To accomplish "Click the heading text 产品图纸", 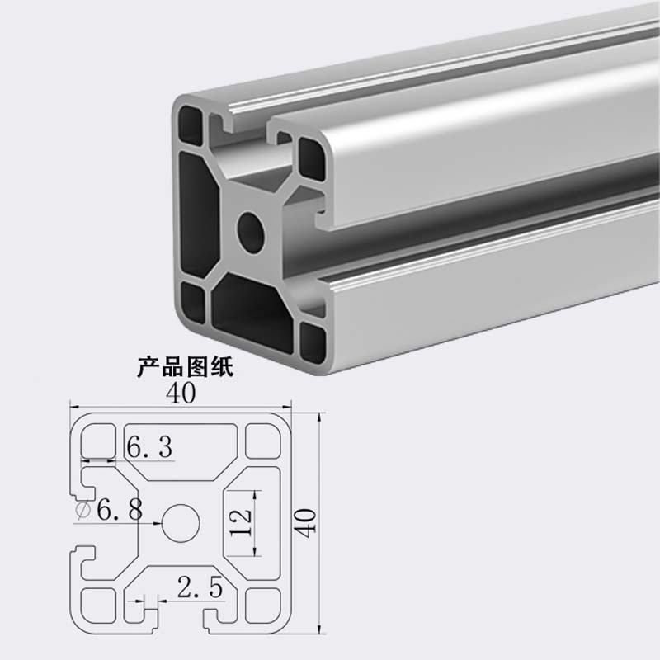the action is coord(185,366).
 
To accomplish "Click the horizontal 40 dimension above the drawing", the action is coord(181,394).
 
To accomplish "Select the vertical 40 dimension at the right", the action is coord(305,522).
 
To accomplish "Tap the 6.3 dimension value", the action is coord(149,446).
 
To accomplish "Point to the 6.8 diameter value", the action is coord(120,509).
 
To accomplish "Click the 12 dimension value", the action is coord(241,522).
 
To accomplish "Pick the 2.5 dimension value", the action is coord(200,587).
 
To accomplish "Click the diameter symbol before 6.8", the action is coord(83,510).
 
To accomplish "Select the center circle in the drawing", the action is coord(181,523).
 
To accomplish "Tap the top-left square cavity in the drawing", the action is coord(98,441).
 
